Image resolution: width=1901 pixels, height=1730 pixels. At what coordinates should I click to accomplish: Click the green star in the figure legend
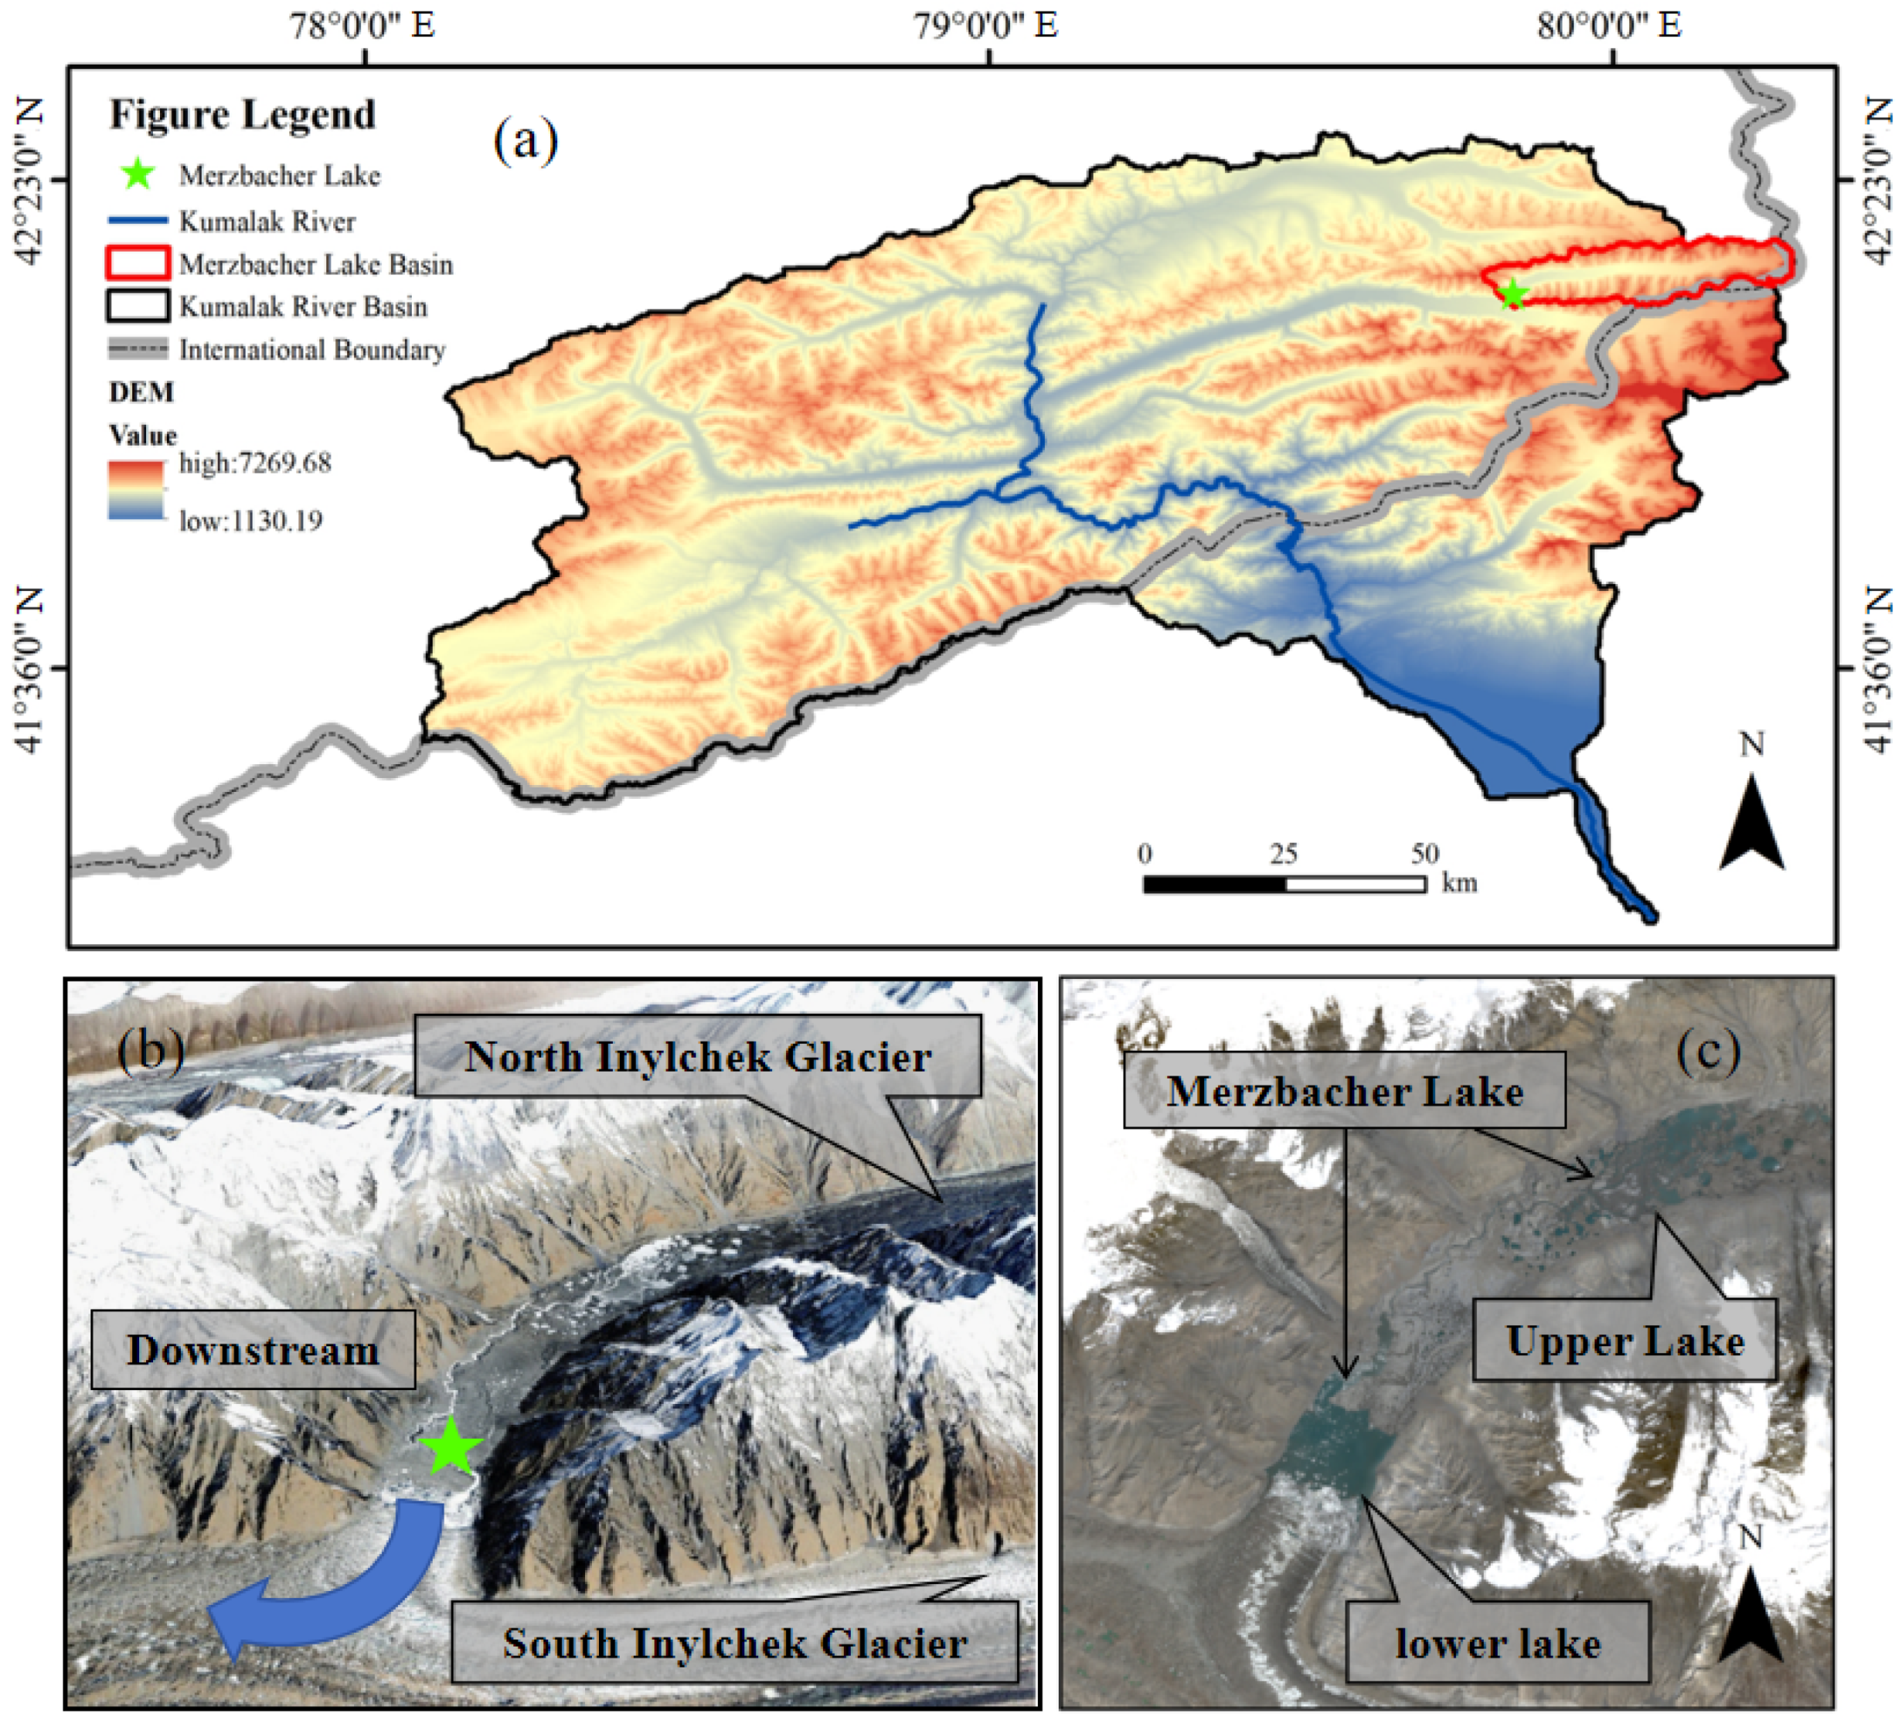138,174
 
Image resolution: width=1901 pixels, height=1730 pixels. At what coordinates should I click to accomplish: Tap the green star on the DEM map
1512,295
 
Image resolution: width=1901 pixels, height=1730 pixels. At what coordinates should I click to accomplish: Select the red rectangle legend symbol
138,263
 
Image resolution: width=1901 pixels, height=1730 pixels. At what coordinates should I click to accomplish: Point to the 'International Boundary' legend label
312,350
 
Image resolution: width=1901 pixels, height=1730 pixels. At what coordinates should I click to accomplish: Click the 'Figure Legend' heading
243,114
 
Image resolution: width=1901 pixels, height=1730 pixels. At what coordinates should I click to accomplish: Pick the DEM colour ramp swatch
136,490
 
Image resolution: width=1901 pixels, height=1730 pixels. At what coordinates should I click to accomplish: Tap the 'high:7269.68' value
256,463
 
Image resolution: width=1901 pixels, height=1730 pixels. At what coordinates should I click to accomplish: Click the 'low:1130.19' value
251,521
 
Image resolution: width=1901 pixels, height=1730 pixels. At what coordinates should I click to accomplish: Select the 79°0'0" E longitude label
988,25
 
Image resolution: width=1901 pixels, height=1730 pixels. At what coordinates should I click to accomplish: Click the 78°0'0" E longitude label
362,25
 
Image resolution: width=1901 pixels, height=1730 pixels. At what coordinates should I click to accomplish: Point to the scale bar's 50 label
1425,853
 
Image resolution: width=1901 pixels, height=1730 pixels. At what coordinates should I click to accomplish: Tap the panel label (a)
525,141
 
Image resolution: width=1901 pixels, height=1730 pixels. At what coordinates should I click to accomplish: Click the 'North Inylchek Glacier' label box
698,1057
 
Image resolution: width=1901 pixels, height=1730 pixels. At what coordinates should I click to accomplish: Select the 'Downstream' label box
253,1350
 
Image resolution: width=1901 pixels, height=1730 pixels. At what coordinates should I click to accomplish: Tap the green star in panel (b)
451,1446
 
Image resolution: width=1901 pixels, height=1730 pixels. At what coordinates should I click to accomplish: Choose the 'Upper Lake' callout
1624,1341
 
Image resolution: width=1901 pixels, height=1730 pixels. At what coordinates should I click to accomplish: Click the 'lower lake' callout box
1498,1643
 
